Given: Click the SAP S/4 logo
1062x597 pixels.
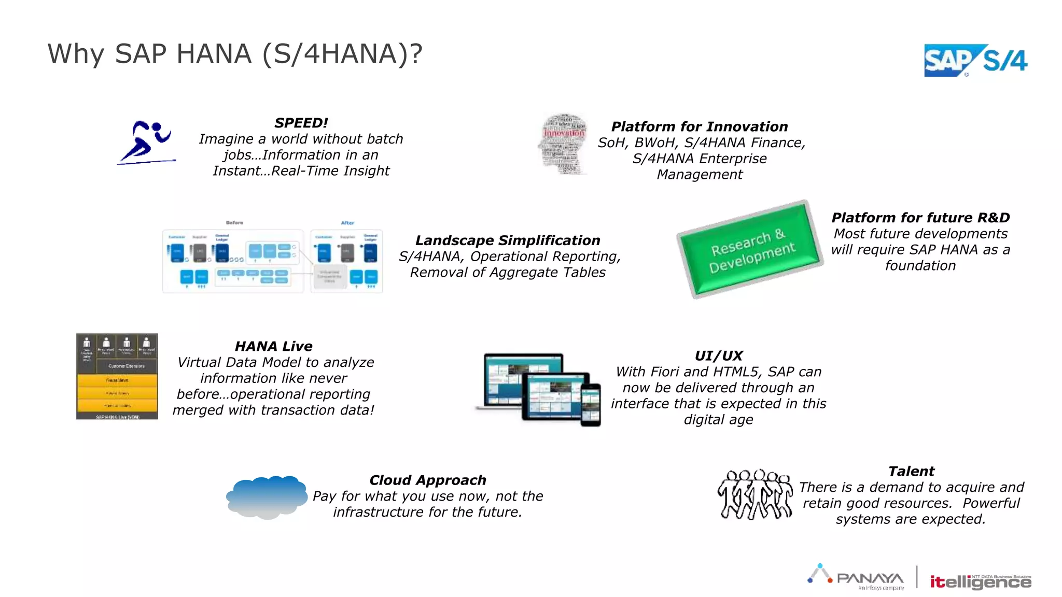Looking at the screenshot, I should (x=975, y=61).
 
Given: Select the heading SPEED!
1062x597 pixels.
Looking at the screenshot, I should (x=301, y=123).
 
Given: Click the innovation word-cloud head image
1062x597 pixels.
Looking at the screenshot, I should (x=564, y=144).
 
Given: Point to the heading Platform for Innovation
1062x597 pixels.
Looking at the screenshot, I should (x=699, y=126).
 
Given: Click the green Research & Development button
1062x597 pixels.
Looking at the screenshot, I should (x=750, y=249).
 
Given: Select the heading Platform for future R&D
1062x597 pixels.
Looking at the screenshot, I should (x=920, y=218).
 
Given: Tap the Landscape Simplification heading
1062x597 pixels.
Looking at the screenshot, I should (x=508, y=240).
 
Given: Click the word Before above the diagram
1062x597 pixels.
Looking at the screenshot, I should (x=234, y=223).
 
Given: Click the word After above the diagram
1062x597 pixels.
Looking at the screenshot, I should (x=347, y=223).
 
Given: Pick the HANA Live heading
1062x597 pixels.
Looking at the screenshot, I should (x=273, y=346).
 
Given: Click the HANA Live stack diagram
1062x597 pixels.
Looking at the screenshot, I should (x=117, y=376).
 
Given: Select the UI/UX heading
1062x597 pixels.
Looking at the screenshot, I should (x=718, y=356).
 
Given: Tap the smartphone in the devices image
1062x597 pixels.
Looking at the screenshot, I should (x=591, y=405).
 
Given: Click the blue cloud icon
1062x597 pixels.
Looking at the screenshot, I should (x=267, y=497).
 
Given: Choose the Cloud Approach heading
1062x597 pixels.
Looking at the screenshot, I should (x=428, y=480).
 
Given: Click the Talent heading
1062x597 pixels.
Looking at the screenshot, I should (x=911, y=471).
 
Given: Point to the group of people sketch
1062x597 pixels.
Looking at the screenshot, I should (x=755, y=494).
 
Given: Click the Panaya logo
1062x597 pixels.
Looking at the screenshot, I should (x=857, y=577).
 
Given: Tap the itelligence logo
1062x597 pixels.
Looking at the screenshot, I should (x=980, y=582).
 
